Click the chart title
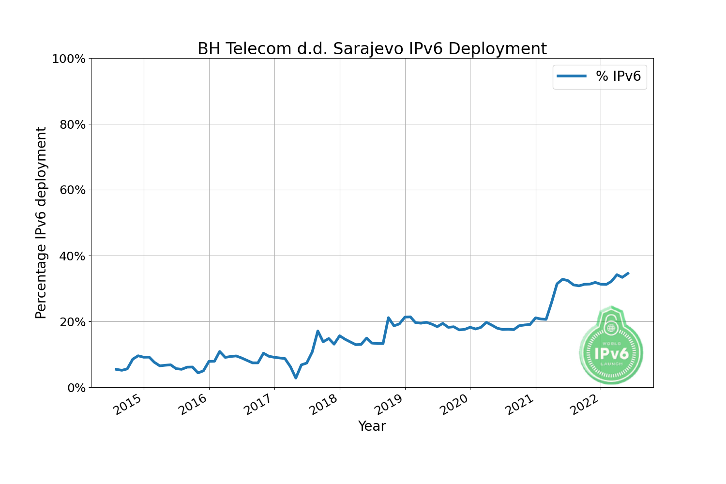[x=372, y=49]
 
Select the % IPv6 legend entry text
[x=618, y=76]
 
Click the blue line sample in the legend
[x=572, y=76]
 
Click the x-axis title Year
[x=372, y=426]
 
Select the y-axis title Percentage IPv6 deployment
[x=41, y=223]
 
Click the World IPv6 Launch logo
[x=611, y=346]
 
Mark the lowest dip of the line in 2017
[x=296, y=378]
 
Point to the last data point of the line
[x=628, y=273]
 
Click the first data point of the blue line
[x=116, y=369]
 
